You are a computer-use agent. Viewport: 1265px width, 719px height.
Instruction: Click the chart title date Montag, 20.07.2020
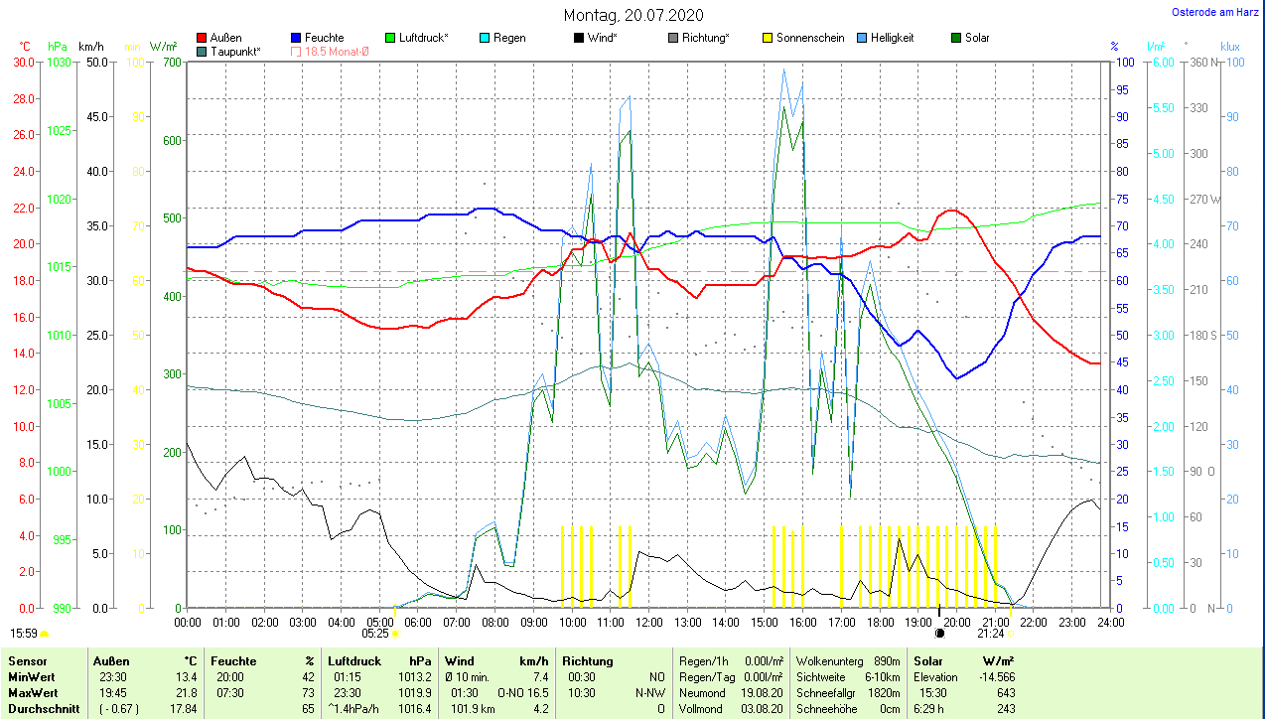point(633,15)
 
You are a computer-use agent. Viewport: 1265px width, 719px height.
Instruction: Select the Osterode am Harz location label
point(1215,13)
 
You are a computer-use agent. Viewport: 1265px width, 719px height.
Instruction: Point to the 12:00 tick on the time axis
point(648,623)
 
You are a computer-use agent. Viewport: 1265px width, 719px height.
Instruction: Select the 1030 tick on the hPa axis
point(59,63)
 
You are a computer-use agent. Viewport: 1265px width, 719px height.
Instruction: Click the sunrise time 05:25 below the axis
point(374,633)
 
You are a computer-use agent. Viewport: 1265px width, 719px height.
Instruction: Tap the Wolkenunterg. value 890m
point(887,660)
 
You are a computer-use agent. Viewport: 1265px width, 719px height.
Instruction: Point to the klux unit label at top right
point(1230,46)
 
